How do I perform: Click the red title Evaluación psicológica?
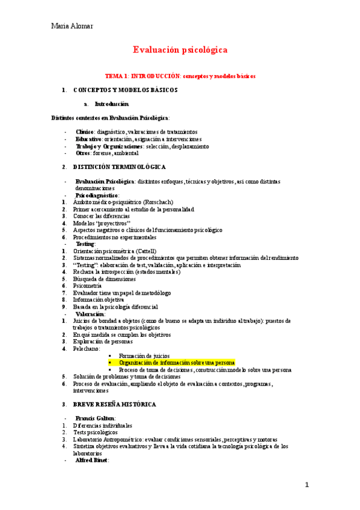(180, 51)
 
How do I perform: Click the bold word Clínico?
(84, 132)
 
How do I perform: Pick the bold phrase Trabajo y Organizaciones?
(109, 146)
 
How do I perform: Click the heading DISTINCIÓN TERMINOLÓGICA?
(120, 167)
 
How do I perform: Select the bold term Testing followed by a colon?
(85, 244)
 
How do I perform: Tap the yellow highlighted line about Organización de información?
(177, 363)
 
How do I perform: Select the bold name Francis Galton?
(95, 418)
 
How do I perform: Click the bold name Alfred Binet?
(91, 460)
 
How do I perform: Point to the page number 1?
(307, 485)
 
